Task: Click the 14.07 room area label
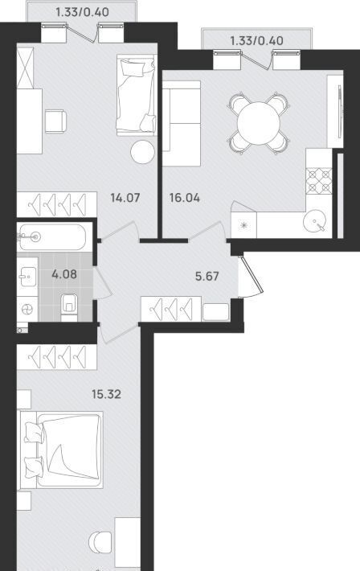coord(125,198)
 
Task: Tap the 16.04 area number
coord(185,198)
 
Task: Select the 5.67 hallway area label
coord(207,277)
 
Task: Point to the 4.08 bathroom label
coord(64,274)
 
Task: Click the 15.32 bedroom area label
coord(106,394)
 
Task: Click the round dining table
coord(259,123)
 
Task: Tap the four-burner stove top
coord(319,181)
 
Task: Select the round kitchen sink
coord(314,220)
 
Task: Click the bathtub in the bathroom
coord(53,237)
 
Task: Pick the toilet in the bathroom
coord(69,306)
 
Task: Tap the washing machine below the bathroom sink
coord(27,309)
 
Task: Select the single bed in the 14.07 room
coord(137,96)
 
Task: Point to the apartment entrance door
coord(251,277)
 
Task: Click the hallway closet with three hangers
coord(171,309)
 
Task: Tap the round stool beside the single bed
coord(143,152)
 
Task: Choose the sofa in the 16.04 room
coord(182,124)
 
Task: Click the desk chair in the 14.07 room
coord(55,121)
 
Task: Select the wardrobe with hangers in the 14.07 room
coord(57,204)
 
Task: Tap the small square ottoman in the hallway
coord(216,312)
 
